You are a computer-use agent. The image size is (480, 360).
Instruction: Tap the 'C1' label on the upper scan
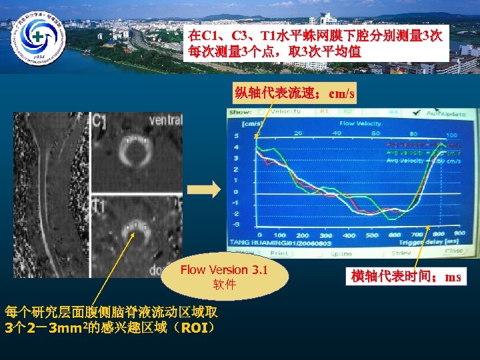point(99,121)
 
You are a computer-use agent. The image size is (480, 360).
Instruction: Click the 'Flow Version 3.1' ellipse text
point(224,271)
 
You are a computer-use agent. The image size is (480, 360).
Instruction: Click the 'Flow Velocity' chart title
point(355,123)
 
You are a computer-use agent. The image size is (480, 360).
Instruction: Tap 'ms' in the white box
point(453,276)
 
